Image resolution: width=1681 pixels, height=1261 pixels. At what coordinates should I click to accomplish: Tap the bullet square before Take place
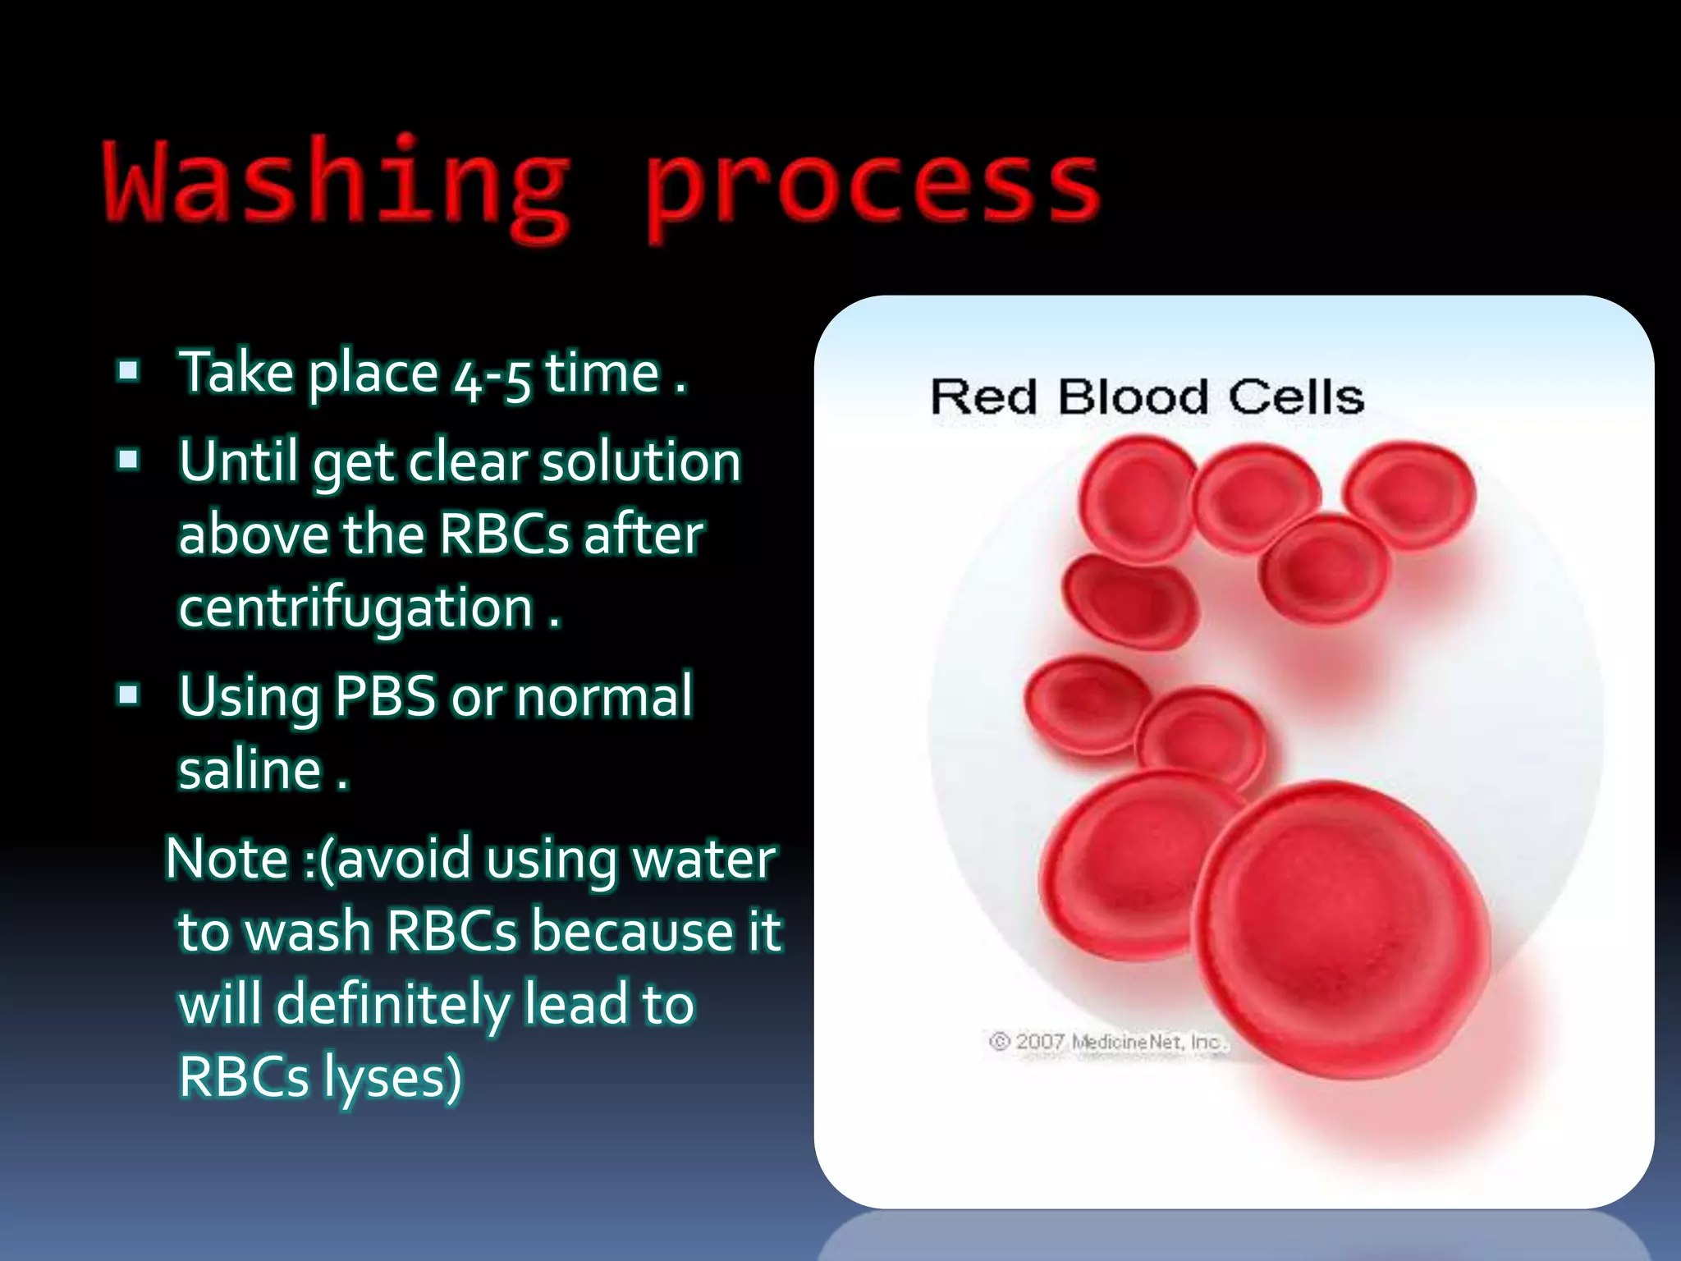tap(128, 371)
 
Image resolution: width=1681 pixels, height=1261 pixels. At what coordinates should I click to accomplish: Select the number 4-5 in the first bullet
tap(492, 376)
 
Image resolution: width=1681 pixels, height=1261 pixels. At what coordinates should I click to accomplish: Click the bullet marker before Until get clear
tap(128, 460)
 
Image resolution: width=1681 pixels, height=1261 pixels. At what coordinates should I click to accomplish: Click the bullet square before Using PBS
tap(128, 695)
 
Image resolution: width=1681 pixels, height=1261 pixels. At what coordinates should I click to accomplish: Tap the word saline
tap(250, 771)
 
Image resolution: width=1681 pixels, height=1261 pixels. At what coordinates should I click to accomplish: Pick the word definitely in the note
tap(393, 1006)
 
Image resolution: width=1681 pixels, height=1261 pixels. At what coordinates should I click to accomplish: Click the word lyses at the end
tap(392, 1078)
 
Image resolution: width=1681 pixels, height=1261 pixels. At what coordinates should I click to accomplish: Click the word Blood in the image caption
tap(1133, 397)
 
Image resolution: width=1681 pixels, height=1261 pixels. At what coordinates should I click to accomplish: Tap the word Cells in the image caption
tap(1296, 397)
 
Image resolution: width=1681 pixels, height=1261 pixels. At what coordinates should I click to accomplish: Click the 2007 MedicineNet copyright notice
tap(1108, 1042)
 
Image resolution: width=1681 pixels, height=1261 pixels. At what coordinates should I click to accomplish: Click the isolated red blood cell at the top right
tap(1408, 494)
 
